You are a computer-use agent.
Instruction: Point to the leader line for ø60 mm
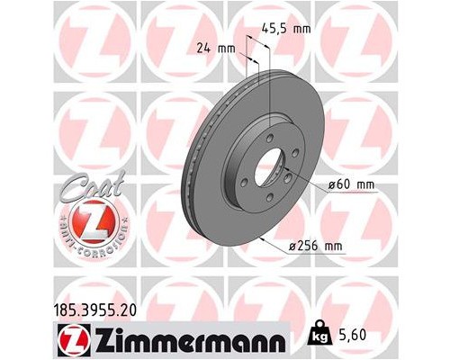(310, 184)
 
